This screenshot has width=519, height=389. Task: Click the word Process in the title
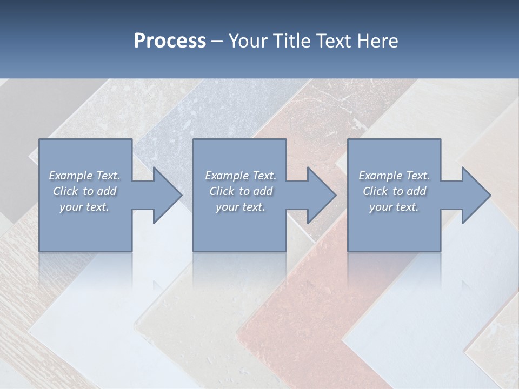(170, 41)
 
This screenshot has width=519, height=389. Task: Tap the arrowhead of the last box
(476, 195)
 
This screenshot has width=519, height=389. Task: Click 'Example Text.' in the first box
(85, 176)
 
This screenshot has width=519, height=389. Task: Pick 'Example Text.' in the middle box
(241, 176)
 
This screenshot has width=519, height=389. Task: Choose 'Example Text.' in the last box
(394, 176)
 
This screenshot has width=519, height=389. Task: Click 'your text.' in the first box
(84, 207)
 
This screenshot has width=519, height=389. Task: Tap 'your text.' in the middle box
(241, 207)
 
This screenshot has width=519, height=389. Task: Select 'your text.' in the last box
(394, 207)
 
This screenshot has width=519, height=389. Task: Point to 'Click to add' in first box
(85, 191)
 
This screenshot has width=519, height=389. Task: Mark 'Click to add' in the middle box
(241, 191)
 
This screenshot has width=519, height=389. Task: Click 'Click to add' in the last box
(394, 191)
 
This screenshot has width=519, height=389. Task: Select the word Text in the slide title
(336, 41)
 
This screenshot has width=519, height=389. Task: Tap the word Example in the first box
(71, 176)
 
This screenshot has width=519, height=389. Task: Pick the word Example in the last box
(381, 176)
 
